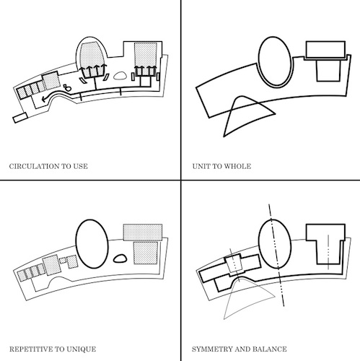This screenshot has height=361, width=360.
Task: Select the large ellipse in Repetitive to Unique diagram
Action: tap(76, 243)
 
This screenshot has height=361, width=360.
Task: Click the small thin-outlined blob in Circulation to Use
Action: tap(114, 77)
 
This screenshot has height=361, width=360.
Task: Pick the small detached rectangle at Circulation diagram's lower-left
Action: tap(20, 118)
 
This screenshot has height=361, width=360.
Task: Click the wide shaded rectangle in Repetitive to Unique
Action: tap(143, 232)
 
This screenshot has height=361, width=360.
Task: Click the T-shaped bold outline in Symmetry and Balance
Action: tap(307, 232)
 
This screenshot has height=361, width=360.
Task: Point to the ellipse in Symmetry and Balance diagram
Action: tap(259, 243)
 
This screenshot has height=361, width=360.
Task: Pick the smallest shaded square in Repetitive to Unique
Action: tap(63, 261)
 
